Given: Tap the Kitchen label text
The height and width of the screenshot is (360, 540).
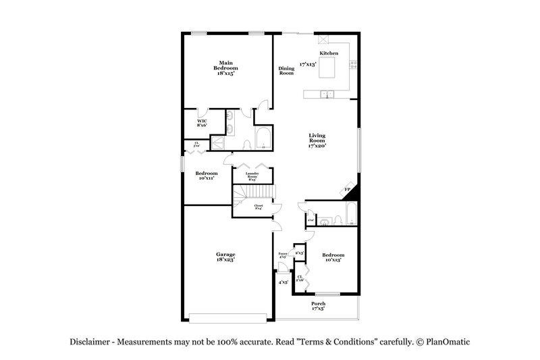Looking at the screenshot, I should [329, 53].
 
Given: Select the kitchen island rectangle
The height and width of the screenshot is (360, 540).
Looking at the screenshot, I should [327, 68].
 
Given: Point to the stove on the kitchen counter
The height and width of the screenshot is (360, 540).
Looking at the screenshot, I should [352, 66].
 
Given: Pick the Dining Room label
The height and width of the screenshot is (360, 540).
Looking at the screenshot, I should [286, 70].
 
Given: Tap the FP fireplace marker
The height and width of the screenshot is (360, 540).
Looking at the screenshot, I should [348, 190].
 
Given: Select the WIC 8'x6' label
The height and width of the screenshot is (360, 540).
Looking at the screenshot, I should [202, 122].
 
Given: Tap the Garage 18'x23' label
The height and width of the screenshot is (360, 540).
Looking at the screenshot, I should [225, 257].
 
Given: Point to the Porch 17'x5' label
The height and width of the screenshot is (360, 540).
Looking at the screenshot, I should [318, 306].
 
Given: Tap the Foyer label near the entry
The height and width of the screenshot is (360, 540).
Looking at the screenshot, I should [283, 254].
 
